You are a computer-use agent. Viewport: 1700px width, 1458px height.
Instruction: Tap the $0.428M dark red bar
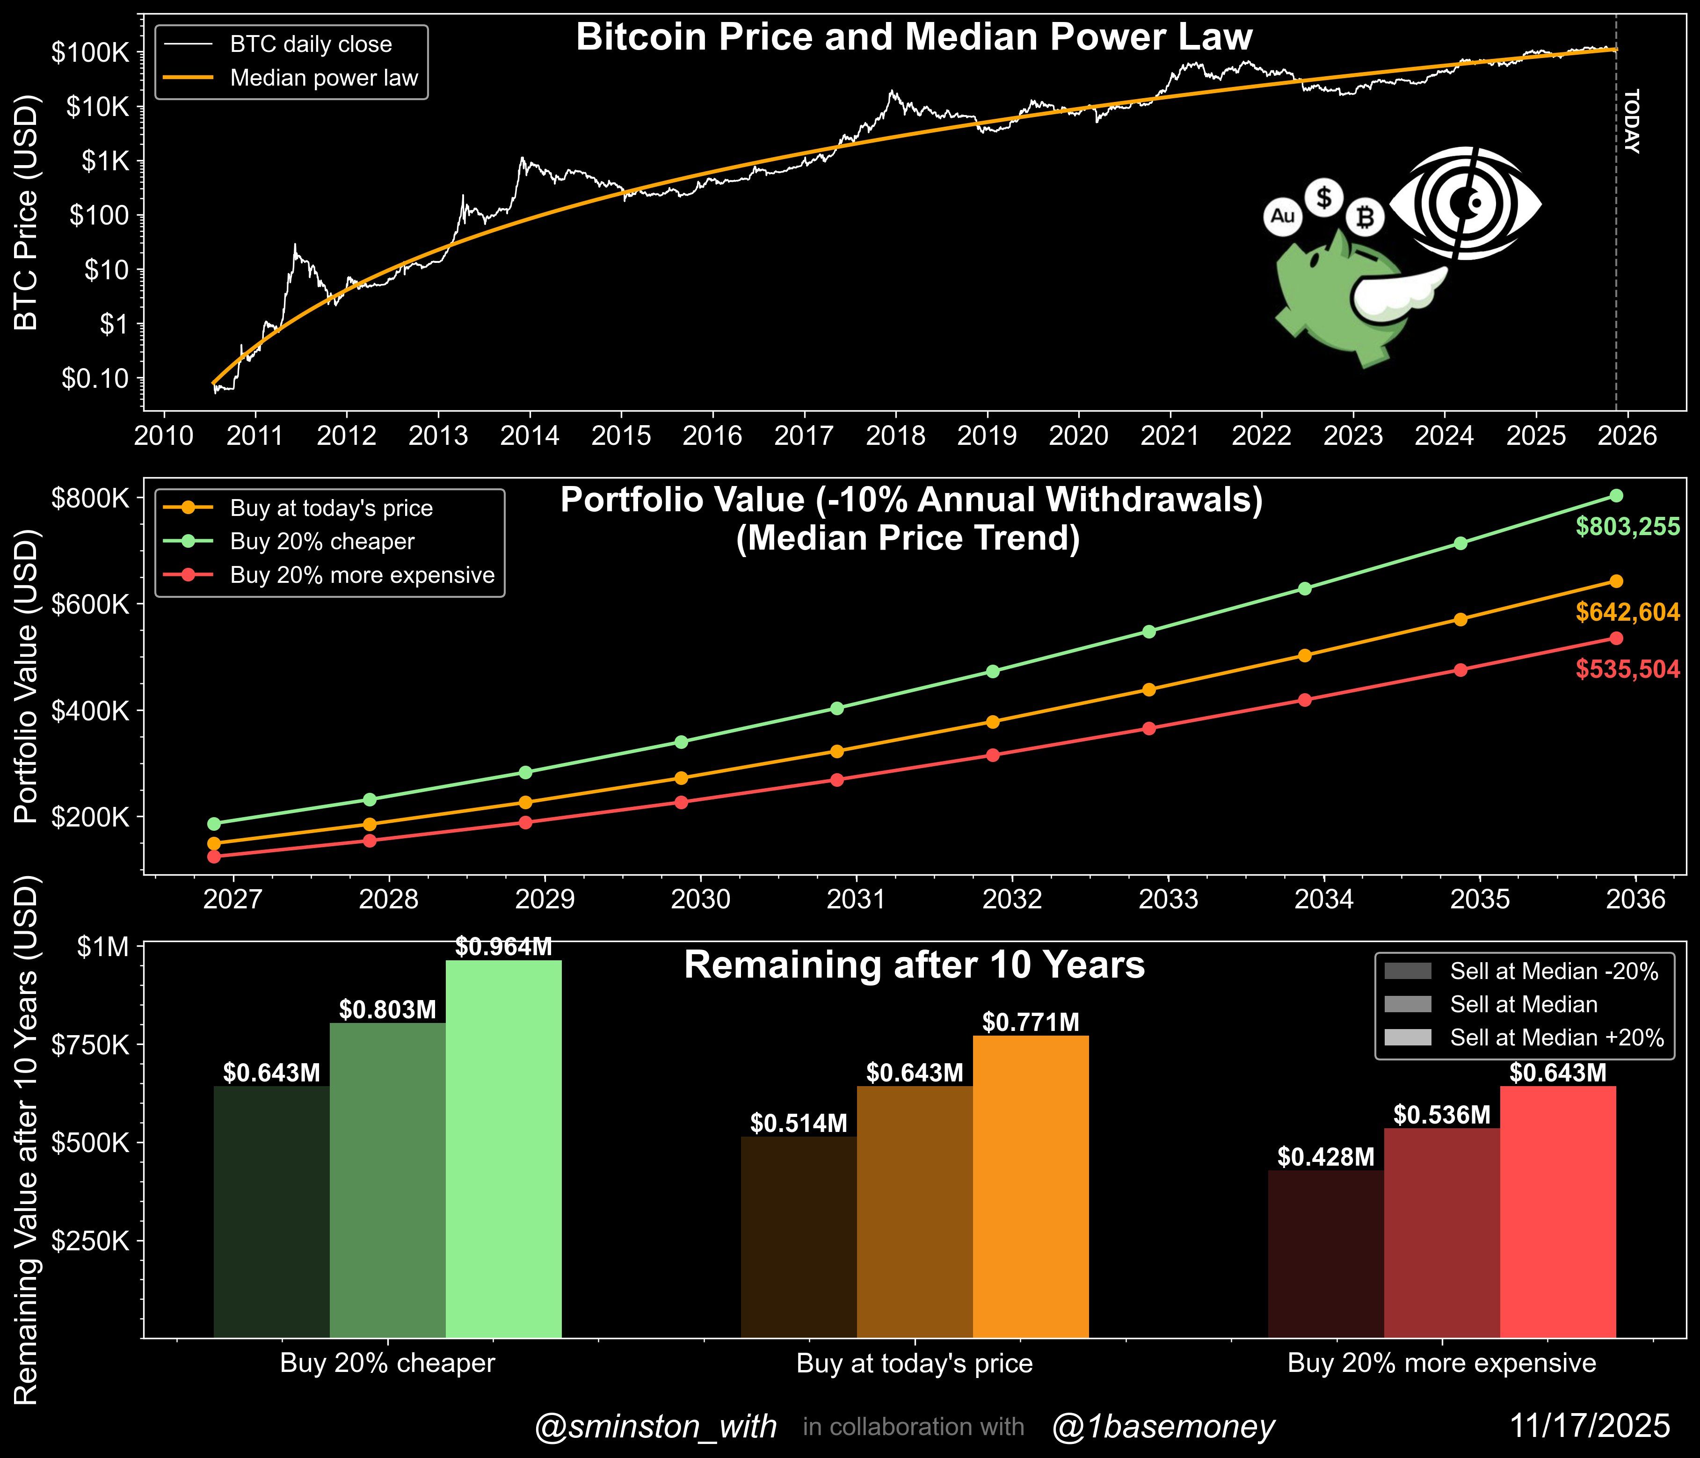[1325, 1255]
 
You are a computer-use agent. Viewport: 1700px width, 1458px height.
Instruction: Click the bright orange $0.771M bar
[1031, 1190]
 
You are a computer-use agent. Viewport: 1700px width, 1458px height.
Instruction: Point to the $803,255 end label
[1627, 527]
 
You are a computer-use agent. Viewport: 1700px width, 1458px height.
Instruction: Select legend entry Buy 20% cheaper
[322, 542]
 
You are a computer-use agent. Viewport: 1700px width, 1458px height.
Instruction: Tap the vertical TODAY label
[1631, 122]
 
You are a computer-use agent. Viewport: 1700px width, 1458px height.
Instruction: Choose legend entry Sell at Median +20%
[1556, 1038]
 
